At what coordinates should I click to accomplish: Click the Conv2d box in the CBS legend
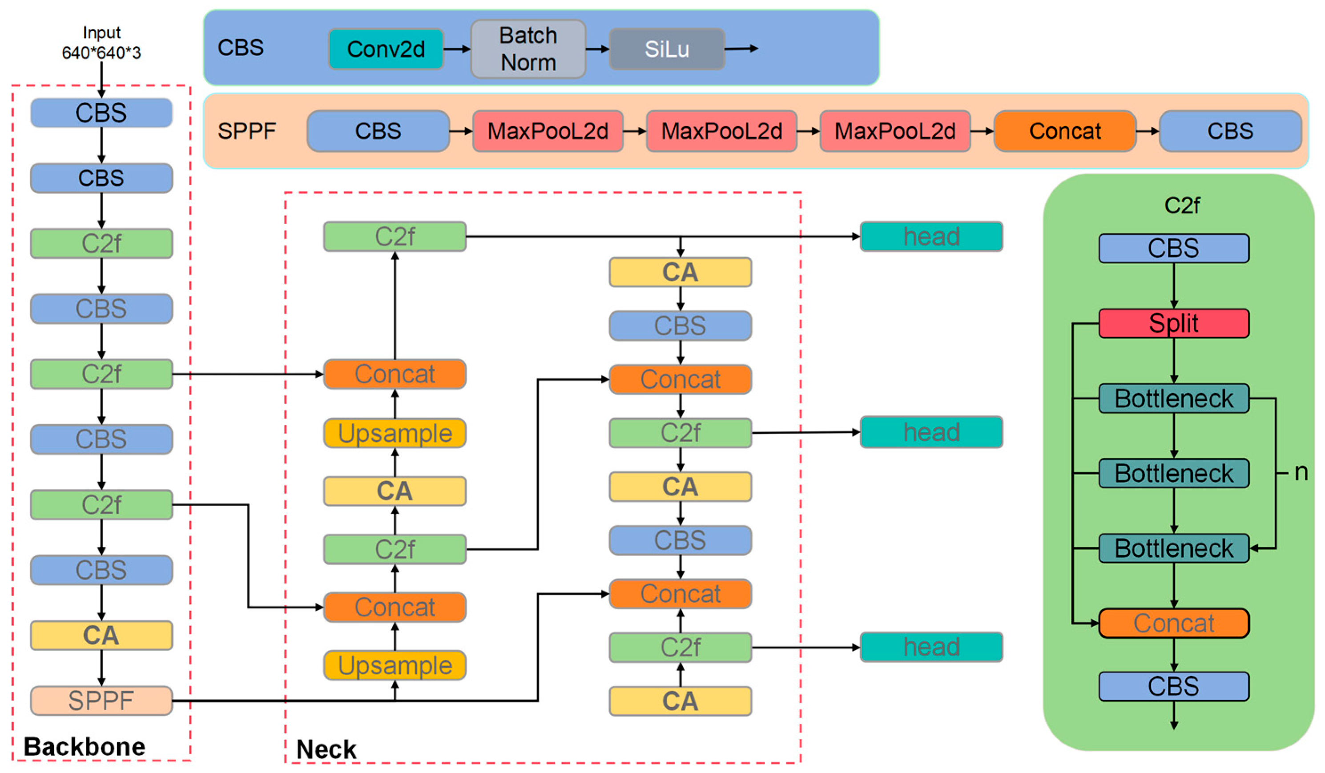(386, 49)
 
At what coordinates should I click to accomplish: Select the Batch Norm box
(528, 49)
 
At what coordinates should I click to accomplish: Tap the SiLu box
(667, 49)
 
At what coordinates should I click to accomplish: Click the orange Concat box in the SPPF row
(1065, 131)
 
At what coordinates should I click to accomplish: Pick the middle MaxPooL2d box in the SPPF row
(721, 131)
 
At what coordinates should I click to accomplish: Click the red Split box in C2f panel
(1174, 323)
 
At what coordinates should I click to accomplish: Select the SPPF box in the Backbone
(101, 701)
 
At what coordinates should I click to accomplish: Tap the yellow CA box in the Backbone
(101, 635)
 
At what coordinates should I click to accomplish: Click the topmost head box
(931, 237)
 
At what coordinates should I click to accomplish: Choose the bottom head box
(931, 647)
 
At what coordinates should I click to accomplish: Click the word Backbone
(84, 747)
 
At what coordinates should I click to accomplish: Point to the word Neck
(326, 749)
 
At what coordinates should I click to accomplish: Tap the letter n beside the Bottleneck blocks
(1301, 472)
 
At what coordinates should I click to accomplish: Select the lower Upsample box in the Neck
(395, 665)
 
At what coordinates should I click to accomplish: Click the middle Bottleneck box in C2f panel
(1174, 473)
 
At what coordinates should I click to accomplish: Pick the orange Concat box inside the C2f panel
(1174, 623)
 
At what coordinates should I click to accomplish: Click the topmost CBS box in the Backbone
(101, 113)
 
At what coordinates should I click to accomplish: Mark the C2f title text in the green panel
(1181, 205)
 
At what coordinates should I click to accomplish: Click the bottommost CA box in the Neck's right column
(680, 701)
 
